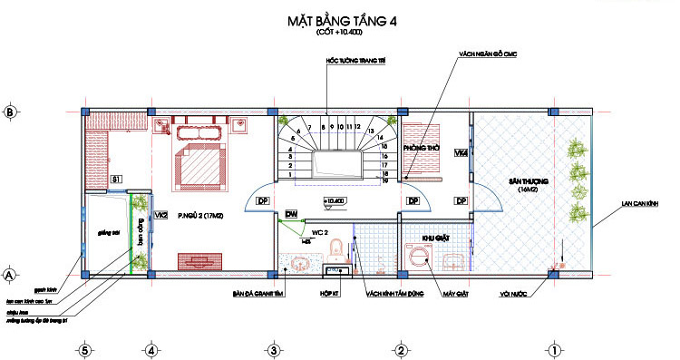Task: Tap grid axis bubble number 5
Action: (84, 347)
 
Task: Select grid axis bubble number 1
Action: (551, 347)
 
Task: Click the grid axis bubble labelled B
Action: (10, 112)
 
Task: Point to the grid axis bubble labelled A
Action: (10, 273)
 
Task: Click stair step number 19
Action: (385, 181)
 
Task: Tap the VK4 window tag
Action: (461, 153)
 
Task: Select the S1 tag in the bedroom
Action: (116, 180)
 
